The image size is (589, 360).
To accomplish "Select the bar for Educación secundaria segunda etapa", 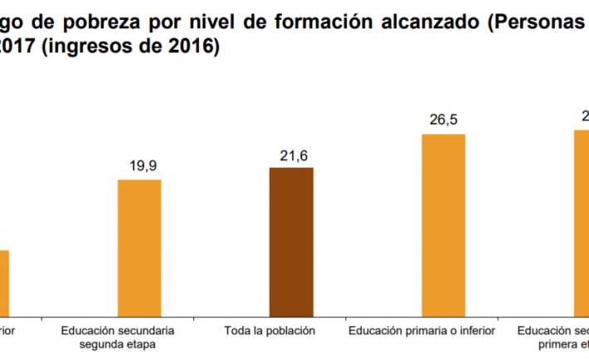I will click(x=139, y=247).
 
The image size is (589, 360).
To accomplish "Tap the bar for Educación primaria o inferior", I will click(x=444, y=224).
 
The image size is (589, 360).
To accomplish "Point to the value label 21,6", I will click(x=291, y=155).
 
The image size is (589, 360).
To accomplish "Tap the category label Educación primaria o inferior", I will click(x=421, y=330).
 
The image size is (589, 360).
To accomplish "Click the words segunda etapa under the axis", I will click(x=117, y=343).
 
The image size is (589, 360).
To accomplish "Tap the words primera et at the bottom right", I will click(x=564, y=343).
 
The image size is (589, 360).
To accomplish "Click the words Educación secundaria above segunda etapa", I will click(x=117, y=330).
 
